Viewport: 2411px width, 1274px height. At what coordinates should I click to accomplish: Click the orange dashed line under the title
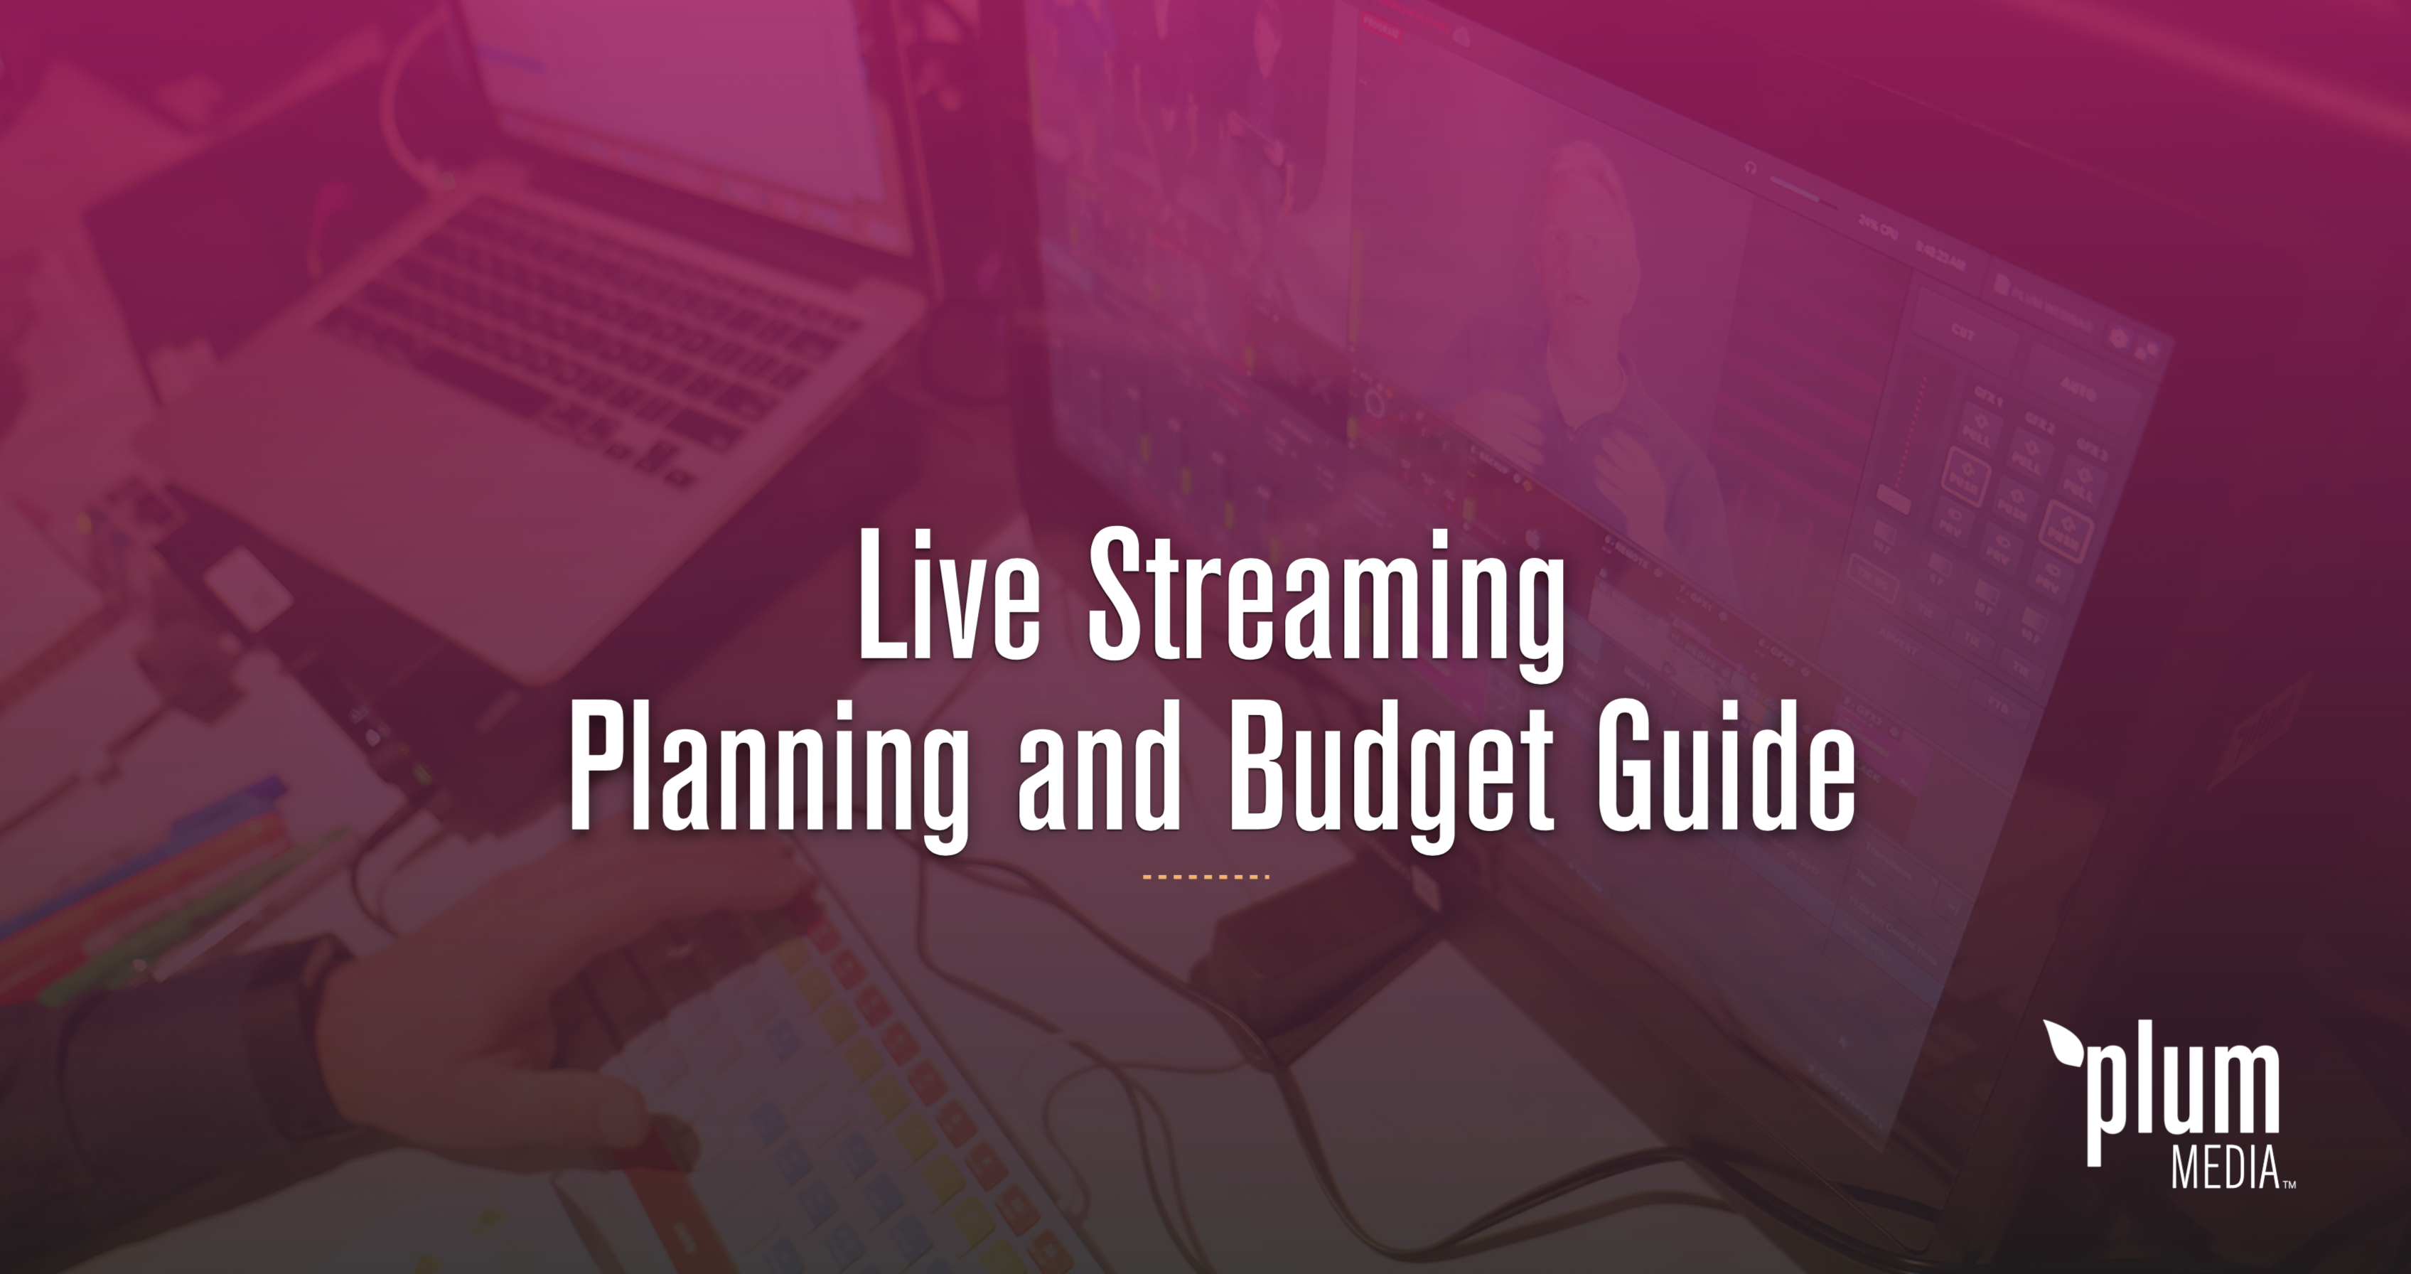coord(1205,877)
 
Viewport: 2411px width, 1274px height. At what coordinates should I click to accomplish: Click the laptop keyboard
coord(580,355)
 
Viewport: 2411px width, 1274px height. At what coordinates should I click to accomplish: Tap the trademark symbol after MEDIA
coord(2289,1184)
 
